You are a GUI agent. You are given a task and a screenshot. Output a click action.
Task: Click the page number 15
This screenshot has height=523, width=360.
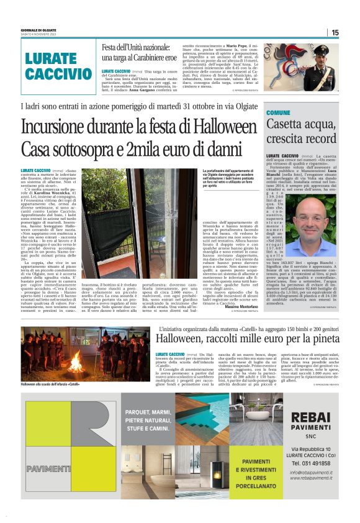335,32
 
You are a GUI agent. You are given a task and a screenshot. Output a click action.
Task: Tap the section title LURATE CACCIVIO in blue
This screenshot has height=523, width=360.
59,66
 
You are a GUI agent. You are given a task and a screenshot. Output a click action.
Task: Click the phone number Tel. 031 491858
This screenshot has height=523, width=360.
311,463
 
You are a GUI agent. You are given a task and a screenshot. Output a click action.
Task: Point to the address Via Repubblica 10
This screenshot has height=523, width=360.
311,448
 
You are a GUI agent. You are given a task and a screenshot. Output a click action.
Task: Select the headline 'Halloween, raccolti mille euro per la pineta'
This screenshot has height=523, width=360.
247,339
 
